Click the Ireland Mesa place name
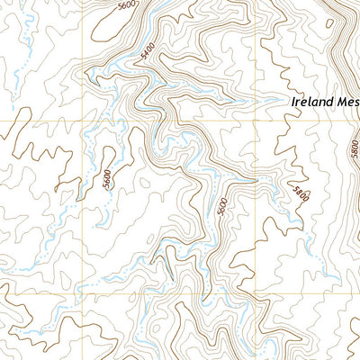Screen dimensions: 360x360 point(325,103)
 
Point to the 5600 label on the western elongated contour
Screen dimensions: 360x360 point(108,179)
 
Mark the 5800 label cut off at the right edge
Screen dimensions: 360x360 point(353,144)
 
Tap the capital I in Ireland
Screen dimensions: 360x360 point(293,103)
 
